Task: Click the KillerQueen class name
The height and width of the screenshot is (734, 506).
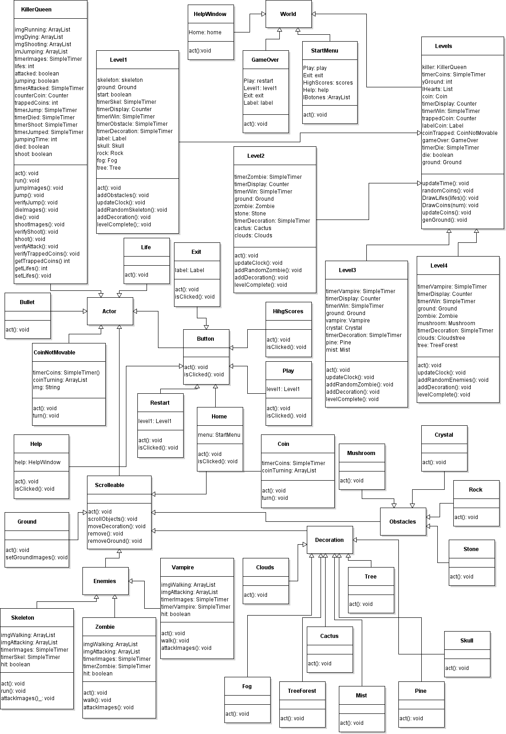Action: pyautogui.click(x=36, y=10)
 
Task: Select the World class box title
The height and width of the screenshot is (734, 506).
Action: pyautogui.click(x=288, y=14)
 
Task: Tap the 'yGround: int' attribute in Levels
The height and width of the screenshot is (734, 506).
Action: pyautogui.click(x=437, y=82)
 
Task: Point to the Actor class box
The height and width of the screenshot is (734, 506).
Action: pyautogui.click(x=109, y=311)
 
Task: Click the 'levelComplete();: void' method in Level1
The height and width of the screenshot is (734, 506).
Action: pyautogui.click(x=124, y=225)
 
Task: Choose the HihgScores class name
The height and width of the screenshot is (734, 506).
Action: pyautogui.click(x=288, y=311)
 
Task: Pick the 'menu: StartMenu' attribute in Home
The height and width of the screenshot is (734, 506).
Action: pyautogui.click(x=219, y=435)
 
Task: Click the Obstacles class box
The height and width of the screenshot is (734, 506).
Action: pyautogui.click(x=403, y=522)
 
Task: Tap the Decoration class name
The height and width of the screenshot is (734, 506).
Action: pyautogui.click(x=329, y=540)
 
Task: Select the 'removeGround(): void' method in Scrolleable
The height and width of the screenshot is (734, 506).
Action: pyautogui.click(x=115, y=541)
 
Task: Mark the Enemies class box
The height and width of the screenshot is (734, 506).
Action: pyautogui.click(x=105, y=581)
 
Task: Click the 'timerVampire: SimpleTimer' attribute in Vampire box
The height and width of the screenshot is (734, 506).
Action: pyautogui.click(x=196, y=607)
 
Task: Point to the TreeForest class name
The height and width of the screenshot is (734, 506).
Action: pyautogui.click(x=302, y=691)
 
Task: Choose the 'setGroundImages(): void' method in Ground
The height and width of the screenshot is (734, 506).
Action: pyautogui.click(x=37, y=557)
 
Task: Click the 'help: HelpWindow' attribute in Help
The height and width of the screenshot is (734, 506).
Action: pyautogui.click(x=38, y=462)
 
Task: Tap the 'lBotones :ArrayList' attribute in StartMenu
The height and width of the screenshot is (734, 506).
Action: pyautogui.click(x=326, y=97)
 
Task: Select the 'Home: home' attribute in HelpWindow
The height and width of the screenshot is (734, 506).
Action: pyautogui.click(x=205, y=32)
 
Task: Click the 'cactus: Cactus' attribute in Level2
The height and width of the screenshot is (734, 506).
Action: pyautogui.click(x=253, y=228)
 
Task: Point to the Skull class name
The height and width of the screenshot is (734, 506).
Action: pyautogui.click(x=467, y=641)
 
